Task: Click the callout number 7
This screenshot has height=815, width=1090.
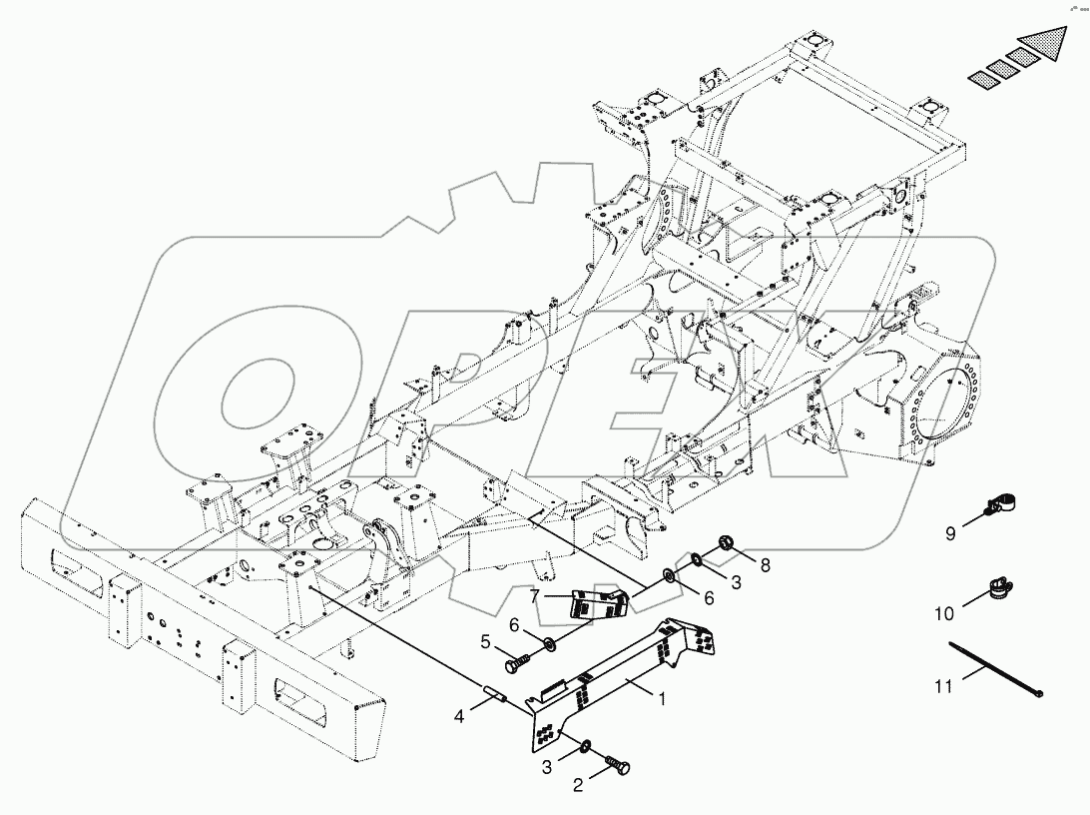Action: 535,596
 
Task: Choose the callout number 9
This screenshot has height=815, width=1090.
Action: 950,533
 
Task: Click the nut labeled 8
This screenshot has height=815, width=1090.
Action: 725,543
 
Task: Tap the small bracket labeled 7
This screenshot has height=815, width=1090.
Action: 595,603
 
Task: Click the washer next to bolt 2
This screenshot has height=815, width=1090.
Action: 586,746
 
